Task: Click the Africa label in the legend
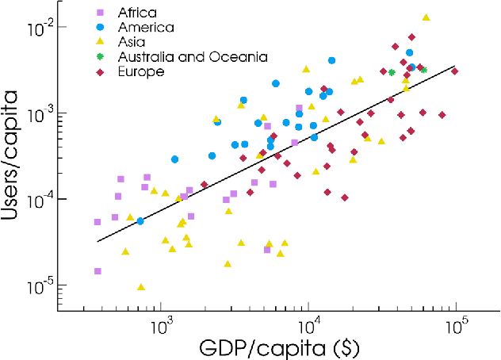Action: coord(136,13)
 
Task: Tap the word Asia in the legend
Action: coord(132,42)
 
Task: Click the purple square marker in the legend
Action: coord(99,13)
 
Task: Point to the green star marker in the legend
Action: coord(99,57)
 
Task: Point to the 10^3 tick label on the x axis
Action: coord(161,326)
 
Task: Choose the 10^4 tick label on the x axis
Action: coord(308,326)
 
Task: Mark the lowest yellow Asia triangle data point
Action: coord(141,287)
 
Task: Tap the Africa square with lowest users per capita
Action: coord(97,271)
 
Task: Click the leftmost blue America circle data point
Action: coord(140,221)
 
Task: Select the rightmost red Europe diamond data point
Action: coord(455,71)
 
